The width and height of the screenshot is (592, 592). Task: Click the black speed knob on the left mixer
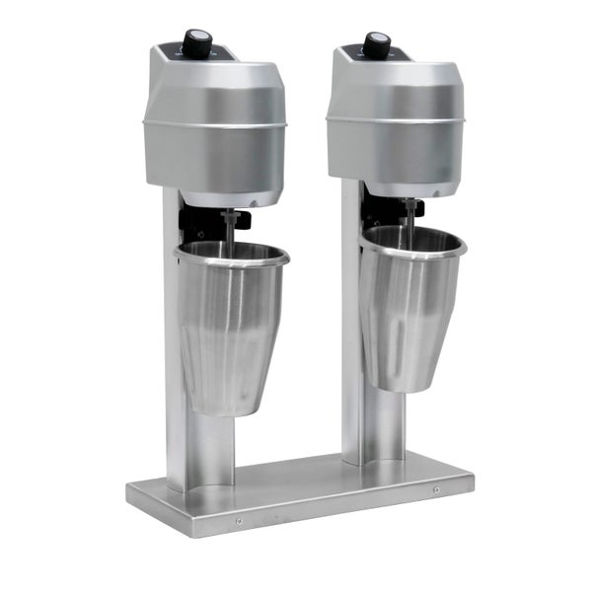pyautogui.click(x=198, y=41)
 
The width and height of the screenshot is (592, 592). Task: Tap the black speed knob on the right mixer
pyautogui.click(x=376, y=43)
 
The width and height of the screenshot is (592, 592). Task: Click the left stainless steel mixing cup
pyautogui.click(x=229, y=326)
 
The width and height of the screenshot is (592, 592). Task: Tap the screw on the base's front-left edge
pyautogui.click(x=238, y=522)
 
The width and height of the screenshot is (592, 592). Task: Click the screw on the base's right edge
pyautogui.click(x=437, y=490)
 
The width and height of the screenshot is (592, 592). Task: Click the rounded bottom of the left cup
pyautogui.click(x=224, y=405)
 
